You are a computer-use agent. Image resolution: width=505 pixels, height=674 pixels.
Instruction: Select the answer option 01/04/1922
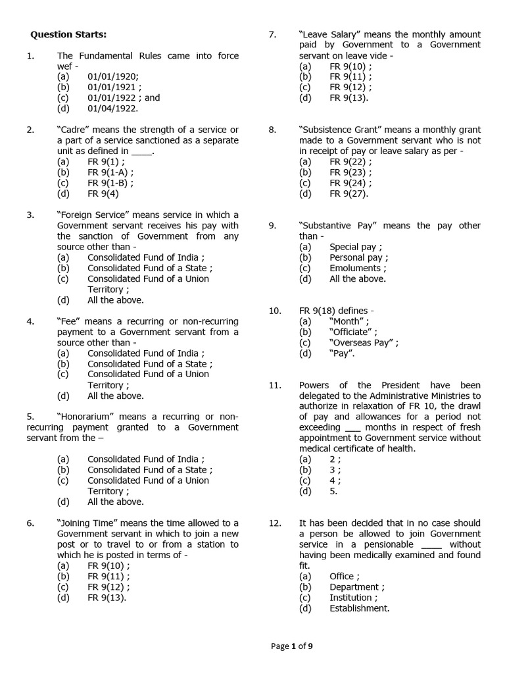[x=114, y=109]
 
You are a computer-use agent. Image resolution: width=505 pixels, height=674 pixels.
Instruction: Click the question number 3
[x=30, y=215]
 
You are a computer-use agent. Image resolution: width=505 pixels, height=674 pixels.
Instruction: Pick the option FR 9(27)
[x=349, y=194]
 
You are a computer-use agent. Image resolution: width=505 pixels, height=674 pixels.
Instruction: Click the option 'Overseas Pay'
[x=364, y=342]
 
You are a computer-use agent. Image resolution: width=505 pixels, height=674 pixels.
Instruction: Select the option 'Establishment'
[x=359, y=608]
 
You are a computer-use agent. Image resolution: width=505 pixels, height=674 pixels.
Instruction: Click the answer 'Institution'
[x=354, y=598]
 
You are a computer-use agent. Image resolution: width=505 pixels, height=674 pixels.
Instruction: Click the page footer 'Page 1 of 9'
[x=292, y=646]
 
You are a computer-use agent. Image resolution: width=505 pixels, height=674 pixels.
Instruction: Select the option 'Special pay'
[x=356, y=247]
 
